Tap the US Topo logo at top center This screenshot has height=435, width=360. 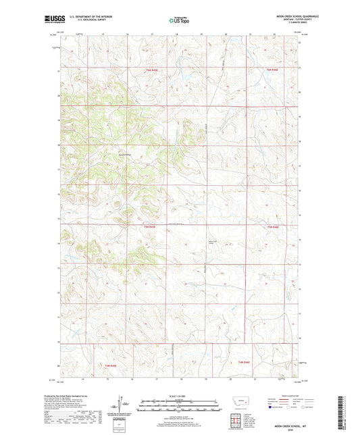click(x=179, y=20)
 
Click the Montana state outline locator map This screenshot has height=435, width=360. click(x=240, y=407)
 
